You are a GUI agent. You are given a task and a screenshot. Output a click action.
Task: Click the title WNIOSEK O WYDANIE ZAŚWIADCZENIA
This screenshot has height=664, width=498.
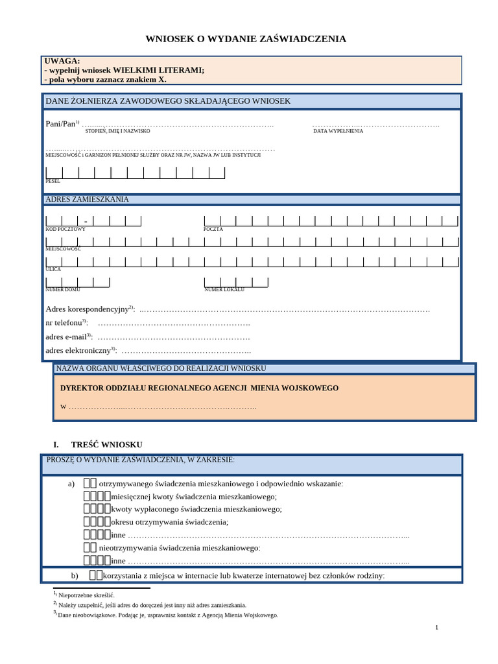[246, 39]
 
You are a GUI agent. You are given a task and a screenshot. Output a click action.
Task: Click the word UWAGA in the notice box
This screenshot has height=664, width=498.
[62, 61]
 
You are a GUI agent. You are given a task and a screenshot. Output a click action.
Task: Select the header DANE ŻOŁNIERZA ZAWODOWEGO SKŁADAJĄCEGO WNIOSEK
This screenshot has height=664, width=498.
[168, 101]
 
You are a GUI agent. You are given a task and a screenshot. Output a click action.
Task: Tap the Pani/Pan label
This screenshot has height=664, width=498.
[60, 123]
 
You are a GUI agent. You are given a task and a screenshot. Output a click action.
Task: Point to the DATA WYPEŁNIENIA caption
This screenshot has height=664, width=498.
[338, 131]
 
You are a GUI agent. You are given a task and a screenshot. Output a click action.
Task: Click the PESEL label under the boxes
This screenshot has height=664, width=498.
[53, 181]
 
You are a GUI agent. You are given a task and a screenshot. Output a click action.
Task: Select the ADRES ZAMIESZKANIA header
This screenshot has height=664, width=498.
[87, 199]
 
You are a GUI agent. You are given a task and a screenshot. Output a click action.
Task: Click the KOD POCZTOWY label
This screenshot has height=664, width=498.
[65, 229]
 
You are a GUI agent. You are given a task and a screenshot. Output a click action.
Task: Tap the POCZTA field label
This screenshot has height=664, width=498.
[213, 229]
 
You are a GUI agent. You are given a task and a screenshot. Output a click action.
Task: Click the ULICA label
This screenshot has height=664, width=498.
[53, 269]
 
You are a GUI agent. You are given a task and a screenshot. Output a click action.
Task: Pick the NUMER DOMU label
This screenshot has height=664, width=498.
[63, 289]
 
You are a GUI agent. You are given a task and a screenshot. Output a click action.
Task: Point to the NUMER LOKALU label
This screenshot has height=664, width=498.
[224, 289]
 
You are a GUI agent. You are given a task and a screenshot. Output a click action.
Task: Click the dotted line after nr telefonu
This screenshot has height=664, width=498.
[173, 323]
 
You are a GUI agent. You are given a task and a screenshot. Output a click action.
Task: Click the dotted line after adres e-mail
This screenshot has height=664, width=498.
[173, 337]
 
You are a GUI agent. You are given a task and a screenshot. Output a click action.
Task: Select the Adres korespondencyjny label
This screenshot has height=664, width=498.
[88, 309]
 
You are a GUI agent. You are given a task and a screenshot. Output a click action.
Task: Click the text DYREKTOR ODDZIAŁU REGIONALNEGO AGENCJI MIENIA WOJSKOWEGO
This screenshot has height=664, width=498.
[199, 388]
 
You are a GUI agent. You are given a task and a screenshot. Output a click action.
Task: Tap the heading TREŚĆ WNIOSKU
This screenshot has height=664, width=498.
[106, 444]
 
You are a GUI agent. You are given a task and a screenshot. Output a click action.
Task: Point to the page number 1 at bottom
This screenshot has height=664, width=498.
[436, 627]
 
